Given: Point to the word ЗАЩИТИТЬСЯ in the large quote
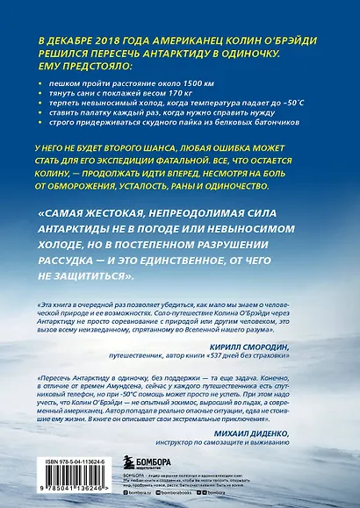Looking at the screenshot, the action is pyautogui.click(x=90, y=277).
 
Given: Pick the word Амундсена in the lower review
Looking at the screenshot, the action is pyautogui.click(x=122, y=391).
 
